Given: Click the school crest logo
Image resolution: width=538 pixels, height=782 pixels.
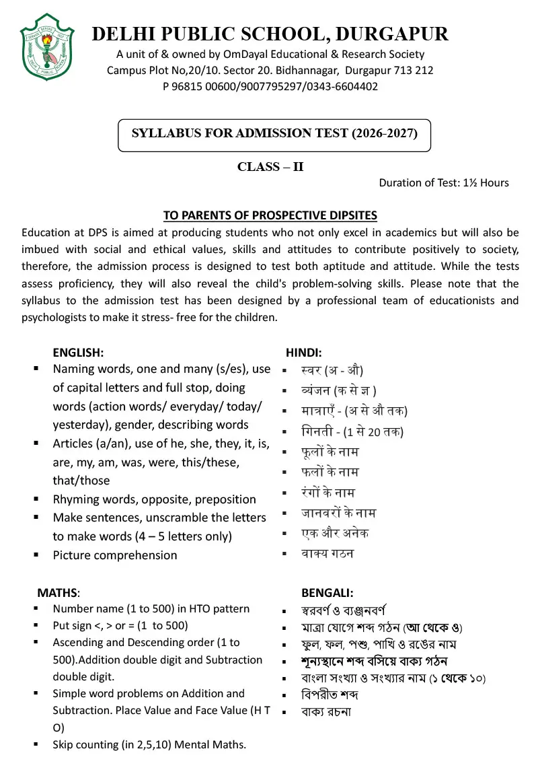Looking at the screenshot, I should (46, 46).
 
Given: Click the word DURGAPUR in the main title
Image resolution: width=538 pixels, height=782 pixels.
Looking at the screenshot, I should (391, 34).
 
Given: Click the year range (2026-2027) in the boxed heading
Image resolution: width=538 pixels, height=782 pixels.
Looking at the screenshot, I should (384, 133).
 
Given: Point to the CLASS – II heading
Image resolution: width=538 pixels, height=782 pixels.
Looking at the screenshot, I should (270, 167).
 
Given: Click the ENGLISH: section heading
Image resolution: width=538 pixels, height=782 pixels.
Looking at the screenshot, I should (78, 351).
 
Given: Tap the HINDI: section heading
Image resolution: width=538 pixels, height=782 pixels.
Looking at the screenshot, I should (304, 351).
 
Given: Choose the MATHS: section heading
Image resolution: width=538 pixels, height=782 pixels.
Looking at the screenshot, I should (59, 593).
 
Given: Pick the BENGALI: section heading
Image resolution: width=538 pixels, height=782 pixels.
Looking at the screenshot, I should (328, 593).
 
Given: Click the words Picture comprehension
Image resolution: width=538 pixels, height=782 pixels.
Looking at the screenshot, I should (115, 555).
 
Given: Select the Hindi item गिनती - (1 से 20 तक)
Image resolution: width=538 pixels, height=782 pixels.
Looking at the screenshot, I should (352, 431).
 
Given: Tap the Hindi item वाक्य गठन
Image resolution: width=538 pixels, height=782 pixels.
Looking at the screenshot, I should (328, 554).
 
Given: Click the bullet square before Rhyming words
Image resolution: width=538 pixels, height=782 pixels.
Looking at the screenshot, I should (36, 499).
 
